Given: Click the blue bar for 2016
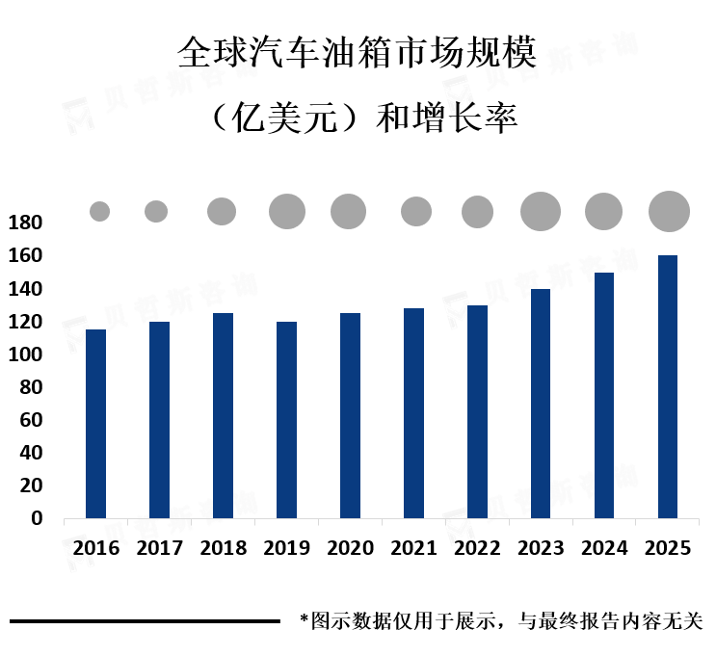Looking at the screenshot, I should click(x=95, y=424).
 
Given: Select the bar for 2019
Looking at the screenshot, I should click(x=286, y=420).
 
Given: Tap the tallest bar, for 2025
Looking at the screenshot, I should click(x=668, y=386).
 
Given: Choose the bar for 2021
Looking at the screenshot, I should click(x=413, y=413).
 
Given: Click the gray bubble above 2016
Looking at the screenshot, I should click(x=99, y=211).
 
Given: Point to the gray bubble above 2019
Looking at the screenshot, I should click(x=286, y=211).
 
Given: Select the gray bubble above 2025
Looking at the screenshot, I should click(x=669, y=211).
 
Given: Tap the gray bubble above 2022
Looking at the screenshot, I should click(x=477, y=211).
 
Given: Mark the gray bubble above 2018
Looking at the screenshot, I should click(x=222, y=211).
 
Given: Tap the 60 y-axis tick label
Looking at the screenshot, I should click(x=31, y=420).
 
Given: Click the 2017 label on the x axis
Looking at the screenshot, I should click(x=160, y=548).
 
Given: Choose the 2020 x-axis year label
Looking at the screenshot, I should click(x=351, y=548).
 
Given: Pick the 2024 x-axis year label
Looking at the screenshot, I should click(x=605, y=548).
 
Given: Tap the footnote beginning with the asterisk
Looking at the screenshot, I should click(x=501, y=621).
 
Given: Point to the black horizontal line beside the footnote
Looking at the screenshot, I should click(x=145, y=621).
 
